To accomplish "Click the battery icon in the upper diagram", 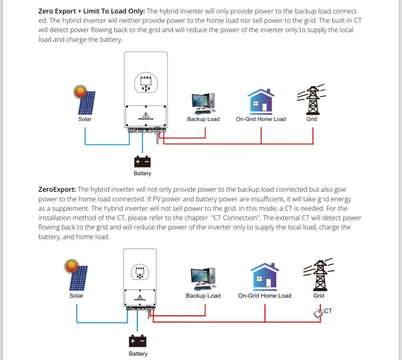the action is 142,162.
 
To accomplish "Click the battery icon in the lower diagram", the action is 138,341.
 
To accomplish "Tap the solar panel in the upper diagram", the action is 85,100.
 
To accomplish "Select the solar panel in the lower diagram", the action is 76,275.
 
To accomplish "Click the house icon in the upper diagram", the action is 261,101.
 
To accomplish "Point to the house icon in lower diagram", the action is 265,276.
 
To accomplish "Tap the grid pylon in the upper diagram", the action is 312,99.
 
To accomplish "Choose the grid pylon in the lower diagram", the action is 319,274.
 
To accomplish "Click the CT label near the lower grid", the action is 328,311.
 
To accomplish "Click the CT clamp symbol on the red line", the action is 319,313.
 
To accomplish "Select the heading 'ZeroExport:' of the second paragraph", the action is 57,190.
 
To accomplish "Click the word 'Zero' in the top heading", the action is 46,12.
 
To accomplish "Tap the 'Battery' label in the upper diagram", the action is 142,173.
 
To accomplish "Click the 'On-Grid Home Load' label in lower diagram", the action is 265,296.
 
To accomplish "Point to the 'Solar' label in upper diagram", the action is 85,119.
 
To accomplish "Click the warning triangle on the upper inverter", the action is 146,115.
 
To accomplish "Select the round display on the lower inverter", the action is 140,273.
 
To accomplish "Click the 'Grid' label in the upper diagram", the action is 311,119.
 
